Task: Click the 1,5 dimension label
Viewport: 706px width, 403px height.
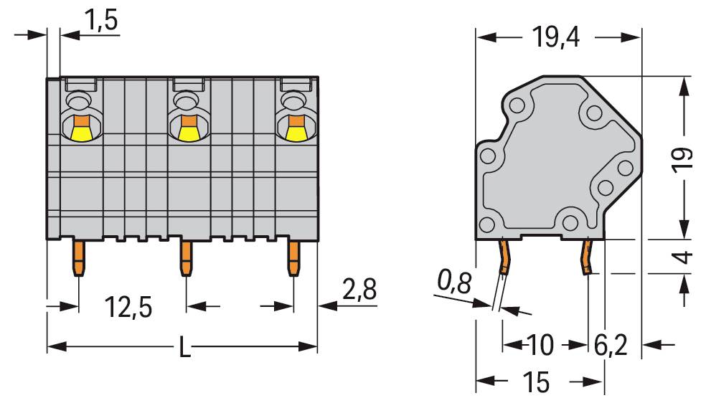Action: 101,20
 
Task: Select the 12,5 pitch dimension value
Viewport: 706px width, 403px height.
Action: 128,307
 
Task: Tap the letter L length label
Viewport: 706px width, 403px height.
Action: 184,347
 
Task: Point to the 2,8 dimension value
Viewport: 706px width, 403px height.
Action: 359,289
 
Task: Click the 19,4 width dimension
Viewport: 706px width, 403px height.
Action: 555,37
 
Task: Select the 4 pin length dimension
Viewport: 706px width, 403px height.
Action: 684,257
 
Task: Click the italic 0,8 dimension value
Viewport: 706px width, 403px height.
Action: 455,283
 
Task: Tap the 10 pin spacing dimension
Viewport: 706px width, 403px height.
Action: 540,345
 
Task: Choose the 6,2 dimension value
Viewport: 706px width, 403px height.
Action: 610,345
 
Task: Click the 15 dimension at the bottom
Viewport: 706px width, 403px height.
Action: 536,382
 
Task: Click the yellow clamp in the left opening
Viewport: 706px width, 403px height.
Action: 81,133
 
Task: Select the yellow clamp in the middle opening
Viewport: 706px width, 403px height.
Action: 189,133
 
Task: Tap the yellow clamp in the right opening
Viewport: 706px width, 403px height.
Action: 296,133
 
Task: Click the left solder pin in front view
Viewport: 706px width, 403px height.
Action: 79,258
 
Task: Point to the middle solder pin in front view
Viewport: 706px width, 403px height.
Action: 187,258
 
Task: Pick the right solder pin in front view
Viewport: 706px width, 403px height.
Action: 293,258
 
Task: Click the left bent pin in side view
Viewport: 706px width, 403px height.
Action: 504,257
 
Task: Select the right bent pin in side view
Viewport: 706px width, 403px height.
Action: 588,257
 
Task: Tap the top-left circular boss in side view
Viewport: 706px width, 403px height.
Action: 517,106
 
